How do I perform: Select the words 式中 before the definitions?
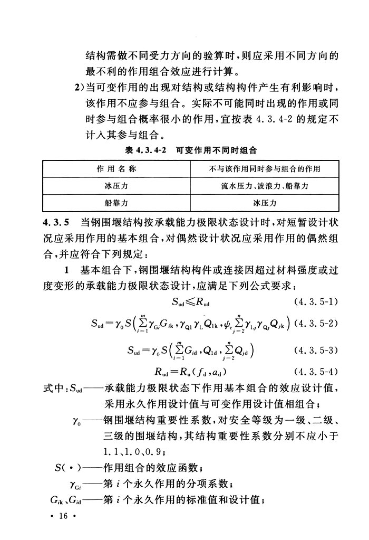pos(53,390)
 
